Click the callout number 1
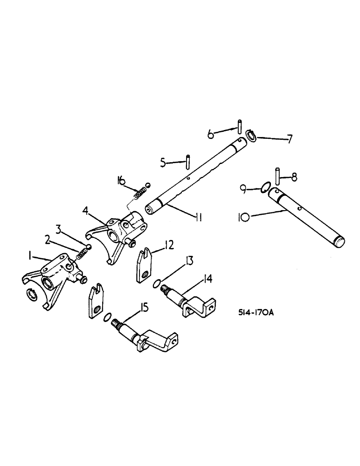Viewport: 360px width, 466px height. click(29, 256)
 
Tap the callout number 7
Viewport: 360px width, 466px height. click(290, 139)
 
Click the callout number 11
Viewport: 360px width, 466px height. click(198, 217)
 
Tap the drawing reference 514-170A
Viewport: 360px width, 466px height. click(252, 314)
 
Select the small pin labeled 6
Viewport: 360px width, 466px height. click(239, 126)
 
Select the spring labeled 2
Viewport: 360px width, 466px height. click(83, 254)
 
